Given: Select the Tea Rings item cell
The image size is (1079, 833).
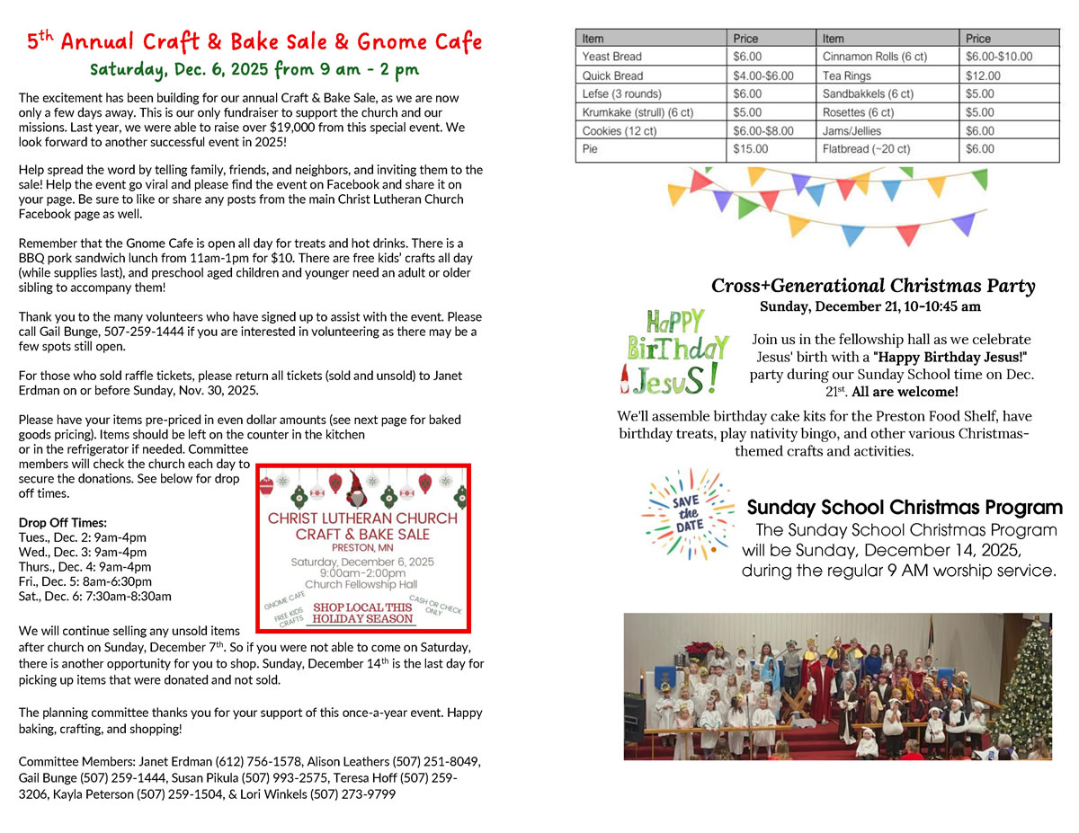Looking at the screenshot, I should pos(846,75).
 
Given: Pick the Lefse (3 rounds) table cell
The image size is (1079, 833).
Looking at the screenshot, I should pos(621,93).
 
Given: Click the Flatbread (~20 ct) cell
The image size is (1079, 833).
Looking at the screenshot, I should pos(866,149).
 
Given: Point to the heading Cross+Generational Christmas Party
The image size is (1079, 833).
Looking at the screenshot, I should pos(872,286).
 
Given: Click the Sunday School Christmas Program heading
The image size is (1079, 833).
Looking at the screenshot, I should pos(905,508).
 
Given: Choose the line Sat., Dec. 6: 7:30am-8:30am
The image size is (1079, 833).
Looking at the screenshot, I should pos(94,596).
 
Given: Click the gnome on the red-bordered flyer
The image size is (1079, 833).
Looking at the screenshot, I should pos(359,492).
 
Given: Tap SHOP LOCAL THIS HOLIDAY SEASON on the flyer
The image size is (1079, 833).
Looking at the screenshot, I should pos(362,613).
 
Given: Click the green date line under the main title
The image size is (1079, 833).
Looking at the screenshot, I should pos(254,69).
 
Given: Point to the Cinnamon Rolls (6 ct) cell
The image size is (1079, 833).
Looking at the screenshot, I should pos(874,57).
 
